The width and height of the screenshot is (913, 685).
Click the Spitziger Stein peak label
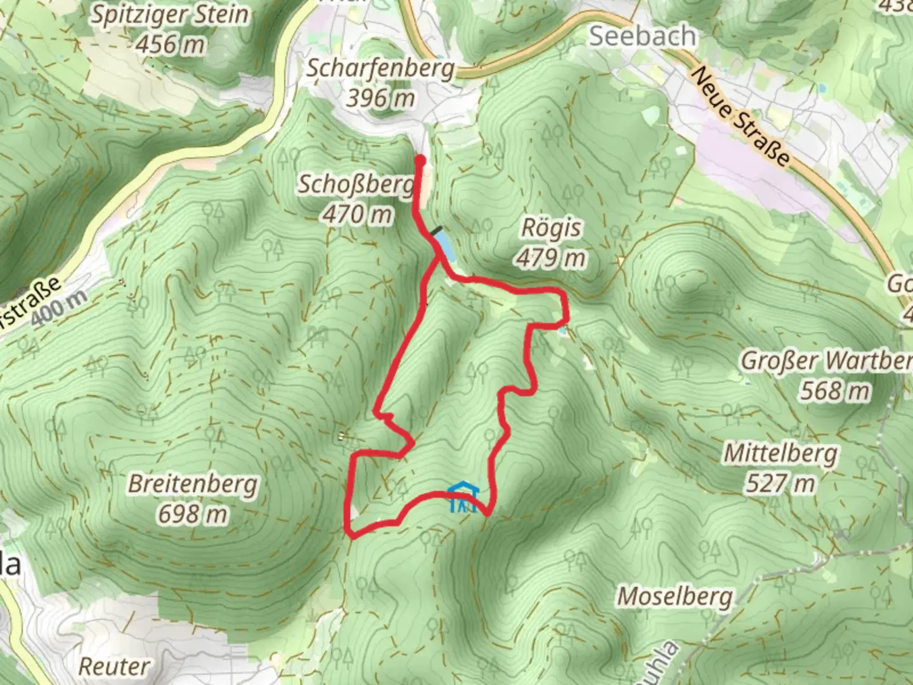click(169, 15)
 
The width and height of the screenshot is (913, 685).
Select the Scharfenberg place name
click(380, 68)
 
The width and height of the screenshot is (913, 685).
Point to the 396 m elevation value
click(380, 97)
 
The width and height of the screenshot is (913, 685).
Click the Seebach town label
click(642, 36)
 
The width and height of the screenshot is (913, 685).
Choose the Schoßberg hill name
click(356, 185)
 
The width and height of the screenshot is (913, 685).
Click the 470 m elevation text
click(357, 214)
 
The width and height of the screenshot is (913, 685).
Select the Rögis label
click(550, 228)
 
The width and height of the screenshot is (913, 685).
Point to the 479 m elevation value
click(550, 258)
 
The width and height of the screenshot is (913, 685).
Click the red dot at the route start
click(420, 160)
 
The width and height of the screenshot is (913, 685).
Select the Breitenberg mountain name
click(193, 485)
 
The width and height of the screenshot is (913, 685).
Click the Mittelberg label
click(780, 453)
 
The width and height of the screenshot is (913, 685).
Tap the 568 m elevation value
click(834, 391)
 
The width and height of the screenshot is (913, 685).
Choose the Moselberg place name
click(675, 596)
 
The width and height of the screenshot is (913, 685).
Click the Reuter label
click(115, 666)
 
